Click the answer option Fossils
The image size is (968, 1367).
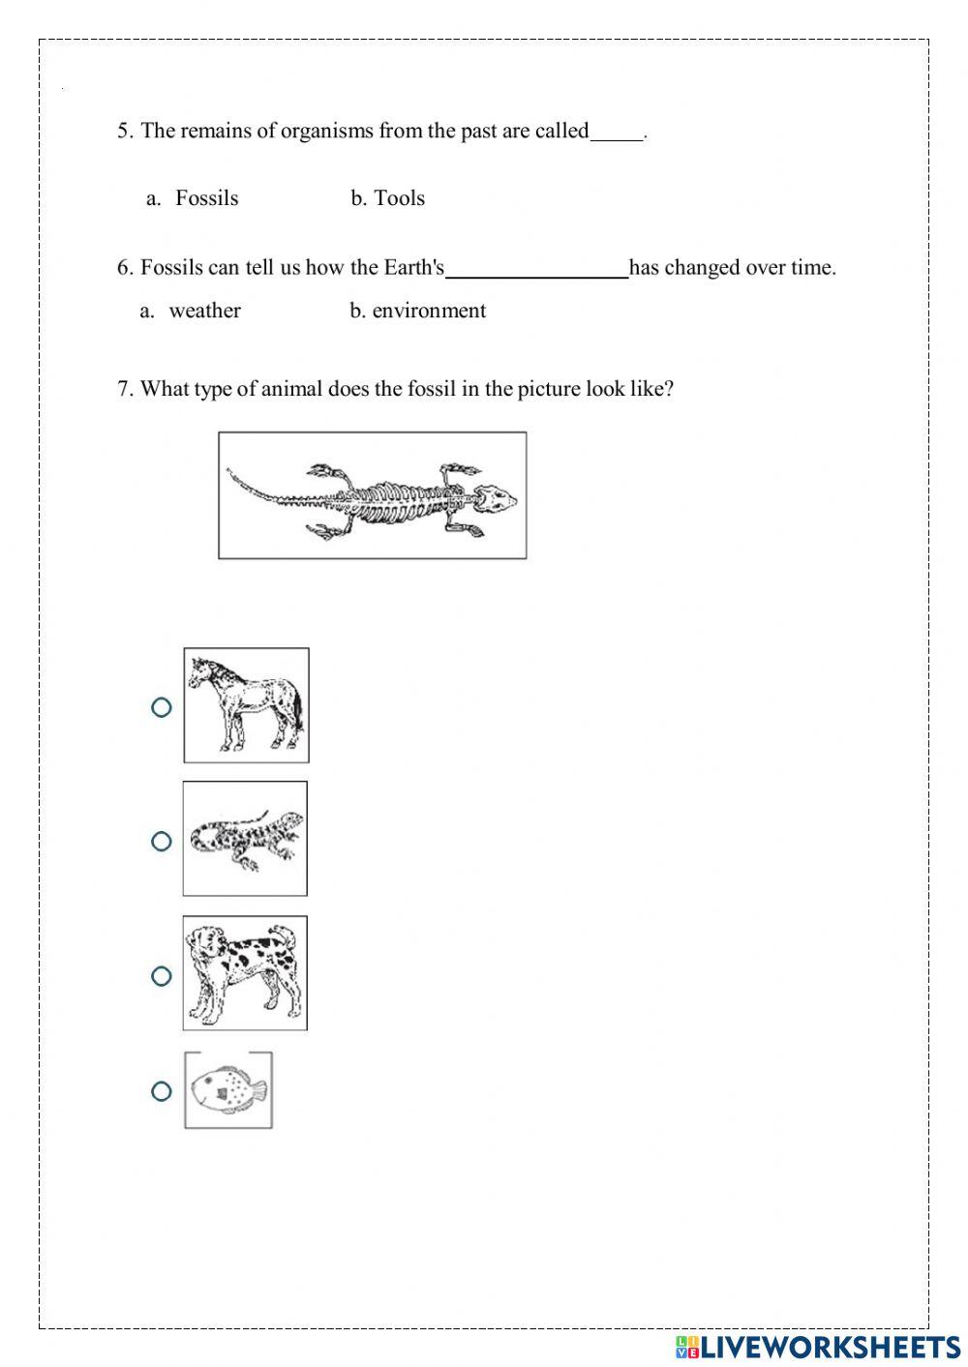tap(206, 198)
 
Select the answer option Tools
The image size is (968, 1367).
tap(399, 198)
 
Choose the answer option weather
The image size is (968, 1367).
tap(204, 311)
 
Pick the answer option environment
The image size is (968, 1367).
tap(428, 311)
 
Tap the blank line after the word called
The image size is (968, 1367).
tap(617, 135)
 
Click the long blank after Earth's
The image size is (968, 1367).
tap(536, 272)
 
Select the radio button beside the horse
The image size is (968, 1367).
tap(162, 707)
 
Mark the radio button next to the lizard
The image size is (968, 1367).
tap(162, 841)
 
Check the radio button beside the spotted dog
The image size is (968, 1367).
tap(162, 975)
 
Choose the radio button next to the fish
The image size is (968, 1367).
tap(162, 1091)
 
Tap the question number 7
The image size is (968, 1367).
tap(124, 390)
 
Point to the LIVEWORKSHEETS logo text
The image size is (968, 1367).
tap(829, 1346)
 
